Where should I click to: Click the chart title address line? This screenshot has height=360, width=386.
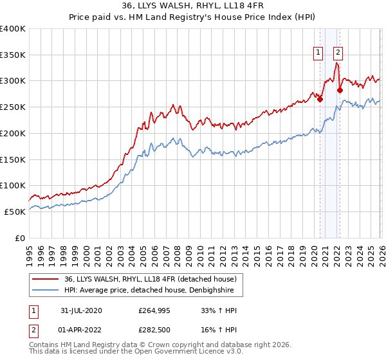[192, 6]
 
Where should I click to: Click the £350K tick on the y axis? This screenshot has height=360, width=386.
[13, 55]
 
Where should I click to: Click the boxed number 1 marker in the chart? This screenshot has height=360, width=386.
[318, 53]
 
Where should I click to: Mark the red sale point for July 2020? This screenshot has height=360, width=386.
[320, 99]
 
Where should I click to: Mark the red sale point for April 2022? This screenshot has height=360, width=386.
[340, 90]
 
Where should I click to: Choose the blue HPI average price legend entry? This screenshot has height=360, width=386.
[153, 291]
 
